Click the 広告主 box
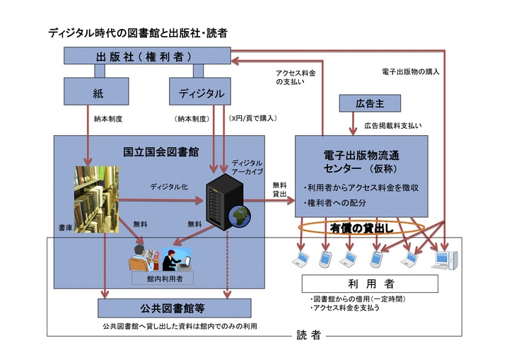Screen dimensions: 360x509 [x=369, y=103]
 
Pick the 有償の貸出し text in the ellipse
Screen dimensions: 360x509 [x=361, y=228]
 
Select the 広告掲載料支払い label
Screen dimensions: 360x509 [x=393, y=125]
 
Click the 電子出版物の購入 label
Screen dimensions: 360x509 [x=411, y=71]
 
